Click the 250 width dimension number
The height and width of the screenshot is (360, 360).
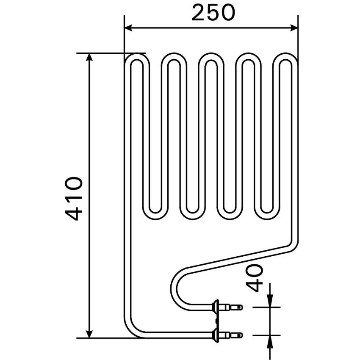[x=213, y=13]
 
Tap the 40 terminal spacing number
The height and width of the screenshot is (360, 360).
[x=254, y=278]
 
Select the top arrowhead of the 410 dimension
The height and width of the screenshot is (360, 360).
[x=89, y=58]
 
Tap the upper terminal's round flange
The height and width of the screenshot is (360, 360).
[x=216, y=307]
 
